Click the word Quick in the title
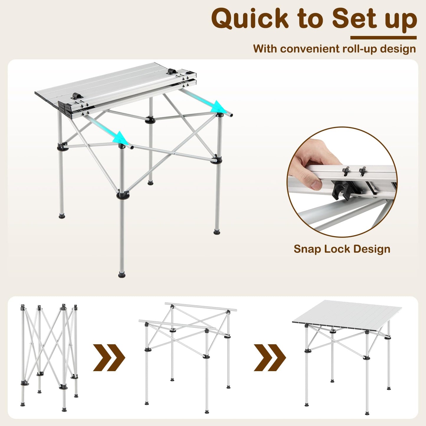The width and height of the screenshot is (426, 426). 249,19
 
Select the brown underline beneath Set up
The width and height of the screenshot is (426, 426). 383,38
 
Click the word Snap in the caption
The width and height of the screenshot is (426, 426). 307,249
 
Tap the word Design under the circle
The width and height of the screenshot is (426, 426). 372,249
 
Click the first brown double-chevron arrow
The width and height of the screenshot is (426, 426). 109,357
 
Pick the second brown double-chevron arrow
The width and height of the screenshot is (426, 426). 270,357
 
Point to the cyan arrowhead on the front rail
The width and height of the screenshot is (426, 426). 121,137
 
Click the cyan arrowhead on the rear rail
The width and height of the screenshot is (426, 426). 218,106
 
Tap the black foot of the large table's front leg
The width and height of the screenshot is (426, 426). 122,275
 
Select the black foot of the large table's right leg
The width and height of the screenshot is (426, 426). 217,232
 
